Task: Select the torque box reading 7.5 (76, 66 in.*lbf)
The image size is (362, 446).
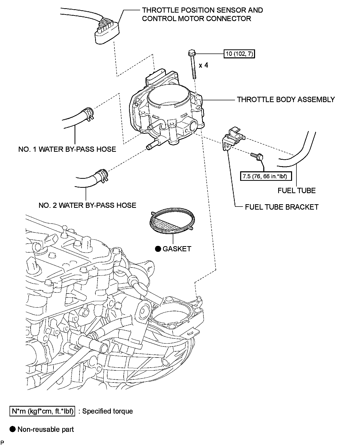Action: click(x=265, y=176)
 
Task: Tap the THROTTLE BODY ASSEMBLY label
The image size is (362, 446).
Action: click(x=286, y=100)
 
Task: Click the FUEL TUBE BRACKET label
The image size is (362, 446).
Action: click(x=282, y=207)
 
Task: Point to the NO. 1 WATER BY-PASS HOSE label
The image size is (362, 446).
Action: click(x=67, y=149)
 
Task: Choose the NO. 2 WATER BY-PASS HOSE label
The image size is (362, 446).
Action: click(x=87, y=205)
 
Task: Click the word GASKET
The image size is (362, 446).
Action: click(x=177, y=249)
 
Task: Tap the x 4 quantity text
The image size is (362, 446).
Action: click(x=203, y=65)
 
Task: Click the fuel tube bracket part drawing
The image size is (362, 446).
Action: click(x=233, y=138)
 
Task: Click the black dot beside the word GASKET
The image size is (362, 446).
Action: click(x=158, y=249)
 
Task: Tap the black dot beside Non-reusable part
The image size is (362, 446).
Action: click(x=12, y=429)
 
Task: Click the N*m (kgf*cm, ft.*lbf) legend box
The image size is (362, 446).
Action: click(x=42, y=411)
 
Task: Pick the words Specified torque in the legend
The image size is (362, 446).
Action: click(x=107, y=411)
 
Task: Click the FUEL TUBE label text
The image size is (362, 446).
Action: click(x=296, y=190)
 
